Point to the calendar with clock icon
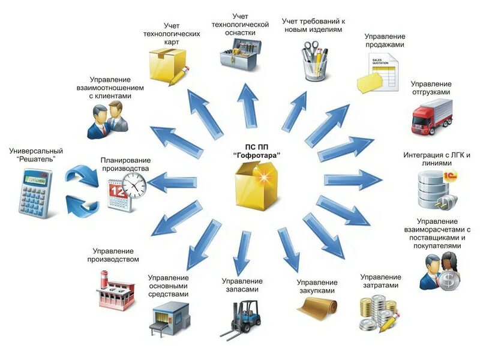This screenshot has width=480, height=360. pyautogui.click(x=127, y=192)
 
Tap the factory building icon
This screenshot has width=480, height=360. pyautogui.click(x=115, y=290)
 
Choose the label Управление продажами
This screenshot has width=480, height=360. pyautogui.click(x=385, y=40)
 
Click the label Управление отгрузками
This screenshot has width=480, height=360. pyautogui.click(x=431, y=88)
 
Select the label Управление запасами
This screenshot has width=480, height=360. pyautogui.click(x=242, y=285)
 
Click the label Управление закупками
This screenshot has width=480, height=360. pyautogui.click(x=317, y=286)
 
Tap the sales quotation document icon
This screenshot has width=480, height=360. pyautogui.click(x=379, y=72)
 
